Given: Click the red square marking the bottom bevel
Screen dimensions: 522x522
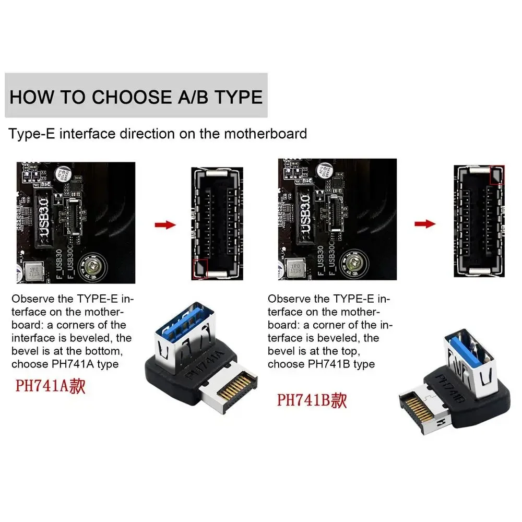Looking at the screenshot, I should pyautogui.click(x=201, y=267).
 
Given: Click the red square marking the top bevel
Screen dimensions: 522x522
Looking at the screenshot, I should pyautogui.click(x=496, y=174).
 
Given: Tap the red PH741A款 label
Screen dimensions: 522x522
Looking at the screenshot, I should pyautogui.click(x=50, y=387).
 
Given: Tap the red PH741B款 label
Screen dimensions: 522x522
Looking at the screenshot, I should pyautogui.click(x=311, y=400).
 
